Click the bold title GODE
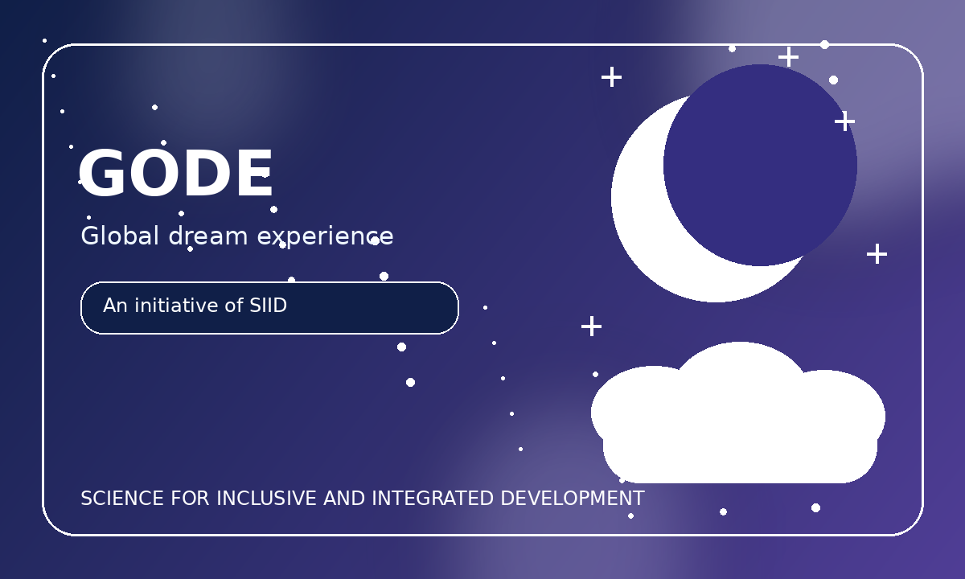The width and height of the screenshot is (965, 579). pyautogui.click(x=175, y=173)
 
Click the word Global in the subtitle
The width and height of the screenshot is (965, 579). pyautogui.click(x=120, y=236)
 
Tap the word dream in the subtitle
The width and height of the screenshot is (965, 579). pyautogui.click(x=208, y=236)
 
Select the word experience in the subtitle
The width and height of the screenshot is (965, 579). pyautogui.click(x=325, y=237)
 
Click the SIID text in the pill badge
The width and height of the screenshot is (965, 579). pyautogui.click(x=269, y=306)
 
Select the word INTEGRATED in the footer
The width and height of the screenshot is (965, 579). pyautogui.click(x=433, y=499)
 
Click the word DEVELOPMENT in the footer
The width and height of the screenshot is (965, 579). pyautogui.click(x=573, y=499)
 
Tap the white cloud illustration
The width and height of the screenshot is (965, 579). pyautogui.click(x=738, y=413)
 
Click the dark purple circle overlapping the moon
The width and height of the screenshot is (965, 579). pyautogui.click(x=760, y=165)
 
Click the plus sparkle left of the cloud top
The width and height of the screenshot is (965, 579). pyautogui.click(x=592, y=326)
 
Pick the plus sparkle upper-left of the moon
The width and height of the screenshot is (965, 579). pyautogui.click(x=612, y=77)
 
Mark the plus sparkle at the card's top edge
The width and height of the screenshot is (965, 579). pyautogui.click(x=788, y=57)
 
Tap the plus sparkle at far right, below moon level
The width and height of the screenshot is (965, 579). pyautogui.click(x=877, y=253)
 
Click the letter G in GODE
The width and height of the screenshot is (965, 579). pyautogui.click(x=101, y=173)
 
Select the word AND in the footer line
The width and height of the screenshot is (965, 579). pyautogui.click(x=344, y=499)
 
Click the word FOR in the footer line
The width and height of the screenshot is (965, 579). pyautogui.click(x=190, y=499)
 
